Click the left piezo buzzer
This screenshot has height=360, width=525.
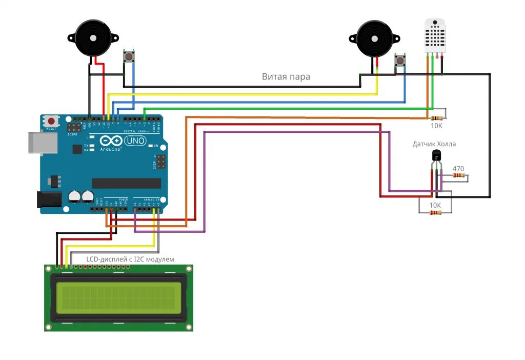pos(93,38)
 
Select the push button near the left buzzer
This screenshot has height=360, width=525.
pos(129,56)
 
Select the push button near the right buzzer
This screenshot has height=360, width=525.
pos(400,62)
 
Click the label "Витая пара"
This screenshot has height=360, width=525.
pos(286,77)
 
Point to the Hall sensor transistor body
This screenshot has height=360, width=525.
pos(436,156)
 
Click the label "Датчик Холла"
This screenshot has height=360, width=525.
pos(434,144)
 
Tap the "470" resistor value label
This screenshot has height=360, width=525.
pos(458,168)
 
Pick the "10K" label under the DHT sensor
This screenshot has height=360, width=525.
pos(436,125)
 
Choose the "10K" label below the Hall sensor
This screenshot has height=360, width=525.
pos(435,205)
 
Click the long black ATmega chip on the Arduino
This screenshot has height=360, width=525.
pos(126,183)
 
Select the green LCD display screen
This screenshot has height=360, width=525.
pos(118,297)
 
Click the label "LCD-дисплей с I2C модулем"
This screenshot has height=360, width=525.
pos(130,259)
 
